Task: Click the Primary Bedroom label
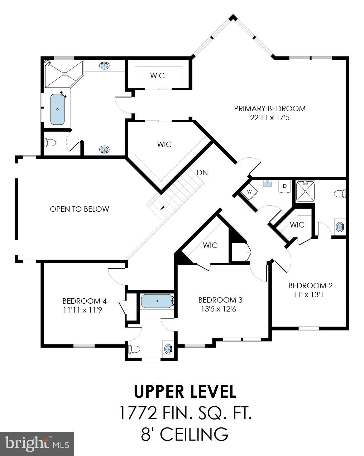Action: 269,109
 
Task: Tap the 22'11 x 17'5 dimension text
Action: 269,118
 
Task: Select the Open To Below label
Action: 80,209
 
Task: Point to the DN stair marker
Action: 202,173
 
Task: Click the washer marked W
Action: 249,192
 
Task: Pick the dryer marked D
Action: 284,186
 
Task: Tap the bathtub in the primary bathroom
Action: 57,109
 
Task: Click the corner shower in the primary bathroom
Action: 64,74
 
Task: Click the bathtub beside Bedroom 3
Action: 157,301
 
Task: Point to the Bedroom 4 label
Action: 85,301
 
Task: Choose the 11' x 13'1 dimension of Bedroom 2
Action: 308,295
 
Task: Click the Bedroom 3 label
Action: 220,300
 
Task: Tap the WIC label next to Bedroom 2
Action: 297,225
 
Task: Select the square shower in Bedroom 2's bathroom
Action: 305,191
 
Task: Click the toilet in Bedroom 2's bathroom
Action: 340,193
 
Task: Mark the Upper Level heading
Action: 185,391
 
